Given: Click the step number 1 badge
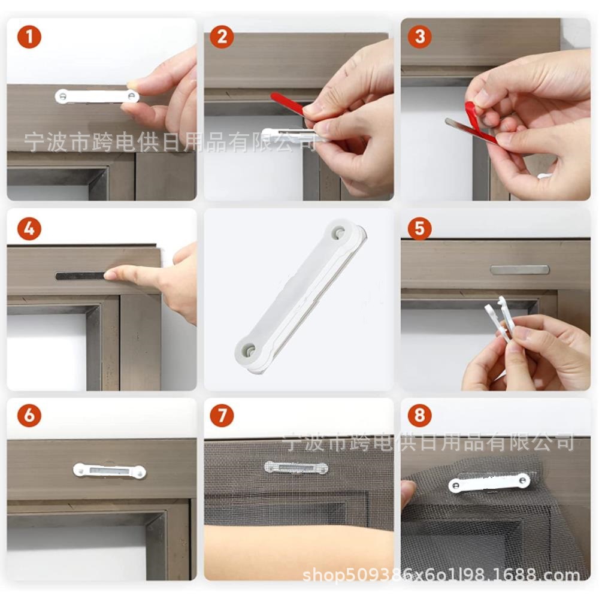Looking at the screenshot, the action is point(29,37).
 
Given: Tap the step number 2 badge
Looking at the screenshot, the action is point(222,37).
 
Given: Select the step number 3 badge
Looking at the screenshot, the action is point(420,37).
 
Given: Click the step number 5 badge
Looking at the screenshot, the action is point(420,228).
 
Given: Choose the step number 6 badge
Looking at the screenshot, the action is point(29,415).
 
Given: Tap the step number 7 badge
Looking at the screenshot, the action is point(222,415).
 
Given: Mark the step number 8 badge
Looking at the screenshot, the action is point(420,415).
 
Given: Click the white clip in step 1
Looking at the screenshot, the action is point(97,96).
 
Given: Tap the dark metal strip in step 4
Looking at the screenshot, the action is point(81,276).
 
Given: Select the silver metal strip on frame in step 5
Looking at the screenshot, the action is point(520,270).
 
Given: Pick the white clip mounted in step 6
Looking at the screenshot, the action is point(110,471).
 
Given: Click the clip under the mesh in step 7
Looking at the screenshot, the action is point(297,467).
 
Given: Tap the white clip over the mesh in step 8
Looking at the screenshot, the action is point(489,482).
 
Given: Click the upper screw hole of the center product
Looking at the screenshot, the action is point(338,231).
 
